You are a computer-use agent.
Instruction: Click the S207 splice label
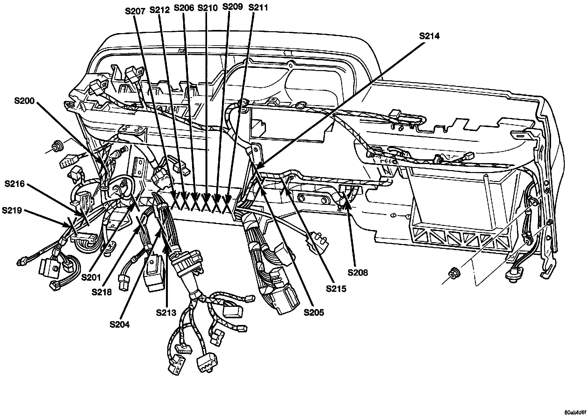[135, 11]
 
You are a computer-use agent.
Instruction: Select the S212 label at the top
[160, 10]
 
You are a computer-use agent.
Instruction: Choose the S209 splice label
[232, 7]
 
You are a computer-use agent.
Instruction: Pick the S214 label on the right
[429, 36]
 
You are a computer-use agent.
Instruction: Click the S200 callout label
[25, 101]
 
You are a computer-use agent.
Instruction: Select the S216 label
[15, 184]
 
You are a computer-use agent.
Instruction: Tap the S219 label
[12, 210]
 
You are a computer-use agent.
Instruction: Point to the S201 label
[91, 277]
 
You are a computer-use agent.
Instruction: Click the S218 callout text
[102, 292]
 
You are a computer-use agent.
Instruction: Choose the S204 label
[120, 324]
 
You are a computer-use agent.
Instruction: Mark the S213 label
[166, 313]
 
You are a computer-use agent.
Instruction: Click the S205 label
[314, 313]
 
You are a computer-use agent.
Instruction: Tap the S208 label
[358, 272]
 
